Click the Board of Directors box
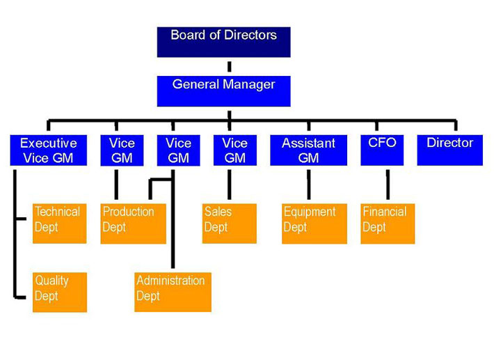[x=223, y=41]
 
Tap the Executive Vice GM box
[x=48, y=150]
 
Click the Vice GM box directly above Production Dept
[x=122, y=150]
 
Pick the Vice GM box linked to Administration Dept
[x=178, y=150]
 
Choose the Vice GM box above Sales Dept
[x=234, y=150]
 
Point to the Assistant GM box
[x=308, y=150]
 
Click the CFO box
[x=382, y=150]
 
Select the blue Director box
[x=449, y=150]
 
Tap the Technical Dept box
[x=59, y=223]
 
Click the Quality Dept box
[x=59, y=292]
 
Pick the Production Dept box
[x=133, y=223]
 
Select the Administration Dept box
[x=173, y=292]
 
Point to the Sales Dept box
[x=229, y=223]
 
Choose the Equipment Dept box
[x=314, y=223]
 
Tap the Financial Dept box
[x=388, y=223]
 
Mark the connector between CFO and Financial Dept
[x=388, y=185]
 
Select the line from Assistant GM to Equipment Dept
[x=308, y=185]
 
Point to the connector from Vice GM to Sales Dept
[x=229, y=185]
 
